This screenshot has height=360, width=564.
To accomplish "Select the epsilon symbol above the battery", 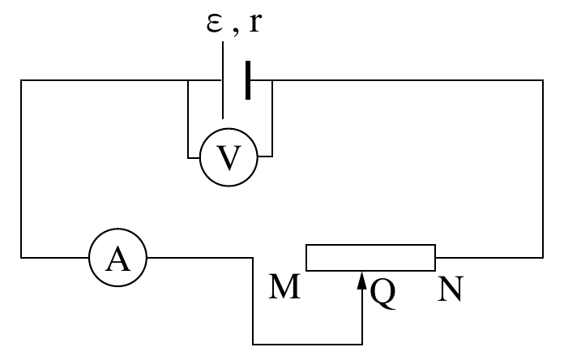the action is tap(215, 24).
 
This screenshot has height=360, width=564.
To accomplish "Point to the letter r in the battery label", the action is tap(254, 23).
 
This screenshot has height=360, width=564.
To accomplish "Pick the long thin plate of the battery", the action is tap(223, 80).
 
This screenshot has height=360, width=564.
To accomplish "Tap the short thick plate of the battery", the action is tap(248, 80).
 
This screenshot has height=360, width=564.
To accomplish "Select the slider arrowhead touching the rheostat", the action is tap(362, 280).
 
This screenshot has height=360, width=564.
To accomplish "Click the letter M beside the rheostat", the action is tap(284, 286).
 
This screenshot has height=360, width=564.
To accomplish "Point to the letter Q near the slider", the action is tap(382, 294).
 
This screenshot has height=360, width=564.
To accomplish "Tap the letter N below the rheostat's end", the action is tap(451, 288).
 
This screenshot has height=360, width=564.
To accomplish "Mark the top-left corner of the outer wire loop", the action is tap(21, 80).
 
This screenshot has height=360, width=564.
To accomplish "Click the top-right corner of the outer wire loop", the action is tap(543, 80).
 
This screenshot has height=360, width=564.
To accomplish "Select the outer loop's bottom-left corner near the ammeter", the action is tap(21, 258).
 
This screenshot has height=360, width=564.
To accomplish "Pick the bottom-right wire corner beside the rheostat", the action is tap(543, 258).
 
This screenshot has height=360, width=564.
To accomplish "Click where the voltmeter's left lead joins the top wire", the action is tap(188, 80).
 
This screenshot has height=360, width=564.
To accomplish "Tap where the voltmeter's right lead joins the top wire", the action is tap(272, 80).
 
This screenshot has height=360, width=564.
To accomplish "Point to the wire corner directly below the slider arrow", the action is tap(362, 345).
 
